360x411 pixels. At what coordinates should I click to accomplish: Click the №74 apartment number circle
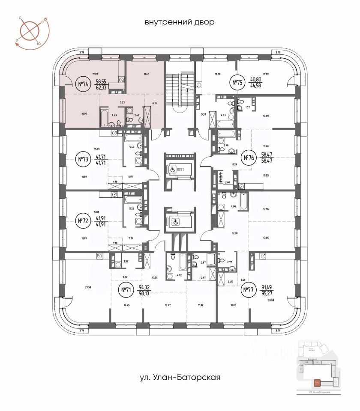coord(83,84)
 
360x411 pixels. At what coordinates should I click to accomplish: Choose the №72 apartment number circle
coord(83,221)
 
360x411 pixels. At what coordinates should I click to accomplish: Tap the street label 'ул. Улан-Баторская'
coord(180,377)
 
